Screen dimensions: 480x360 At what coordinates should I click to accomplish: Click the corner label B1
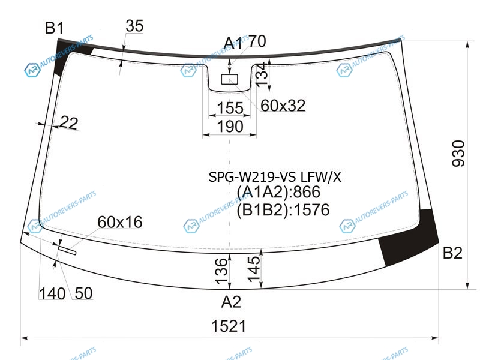[55, 28]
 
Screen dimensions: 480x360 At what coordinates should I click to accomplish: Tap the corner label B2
[452, 253]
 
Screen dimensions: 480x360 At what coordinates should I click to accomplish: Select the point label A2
[231, 302]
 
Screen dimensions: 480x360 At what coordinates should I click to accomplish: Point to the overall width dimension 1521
[229, 326]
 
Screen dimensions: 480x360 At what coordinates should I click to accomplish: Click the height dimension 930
[458, 154]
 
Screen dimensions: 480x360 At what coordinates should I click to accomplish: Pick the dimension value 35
[134, 26]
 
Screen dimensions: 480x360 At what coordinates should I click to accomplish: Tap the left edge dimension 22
[69, 123]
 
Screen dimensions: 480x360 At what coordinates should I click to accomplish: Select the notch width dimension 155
[230, 108]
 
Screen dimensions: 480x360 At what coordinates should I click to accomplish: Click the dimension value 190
[230, 126]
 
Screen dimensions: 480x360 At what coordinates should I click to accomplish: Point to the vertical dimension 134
[262, 74]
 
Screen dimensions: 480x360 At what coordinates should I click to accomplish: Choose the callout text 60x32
[283, 106]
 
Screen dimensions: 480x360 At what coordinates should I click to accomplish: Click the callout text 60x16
[120, 222]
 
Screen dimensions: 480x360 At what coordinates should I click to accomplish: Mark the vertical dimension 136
[221, 271]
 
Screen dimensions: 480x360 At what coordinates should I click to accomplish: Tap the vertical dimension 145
[254, 269]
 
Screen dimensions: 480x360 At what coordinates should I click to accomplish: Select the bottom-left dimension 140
[52, 293]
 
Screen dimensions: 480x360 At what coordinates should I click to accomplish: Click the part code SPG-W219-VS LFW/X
[275, 176]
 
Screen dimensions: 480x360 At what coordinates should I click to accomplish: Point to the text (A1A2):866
[278, 192]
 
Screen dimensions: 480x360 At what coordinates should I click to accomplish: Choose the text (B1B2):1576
[283, 210]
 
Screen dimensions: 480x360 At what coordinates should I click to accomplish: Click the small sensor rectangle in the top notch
[230, 79]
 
